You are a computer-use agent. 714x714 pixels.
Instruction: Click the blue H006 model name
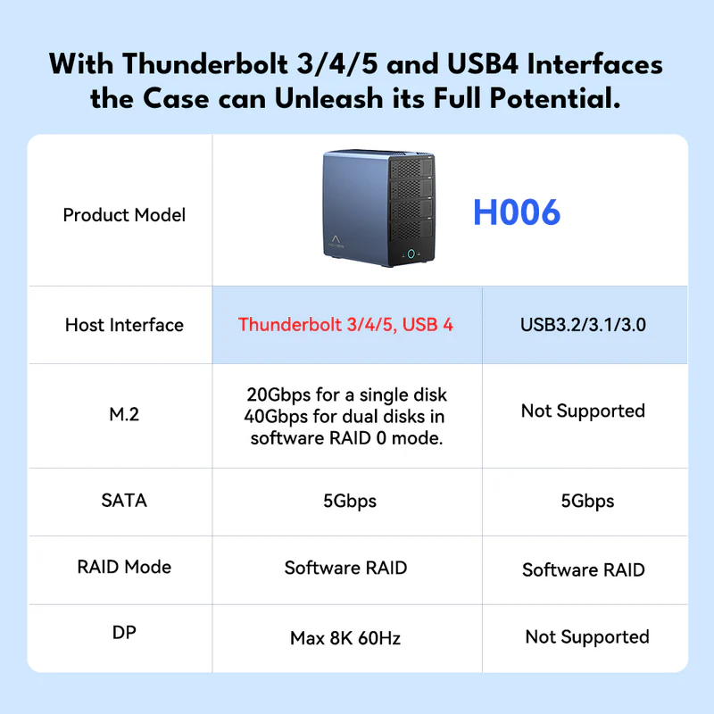click(x=517, y=212)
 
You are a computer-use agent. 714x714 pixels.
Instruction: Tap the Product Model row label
click(x=124, y=215)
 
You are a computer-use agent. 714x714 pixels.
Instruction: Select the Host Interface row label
click(x=124, y=325)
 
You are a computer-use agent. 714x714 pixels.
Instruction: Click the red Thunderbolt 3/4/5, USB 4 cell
click(x=345, y=325)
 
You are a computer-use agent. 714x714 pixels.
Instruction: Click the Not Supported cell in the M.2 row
click(x=583, y=411)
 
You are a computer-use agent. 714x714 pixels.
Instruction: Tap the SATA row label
click(x=124, y=500)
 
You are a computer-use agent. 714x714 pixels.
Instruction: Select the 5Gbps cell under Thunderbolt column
click(x=349, y=501)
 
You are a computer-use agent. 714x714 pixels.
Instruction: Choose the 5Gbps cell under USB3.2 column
click(x=587, y=501)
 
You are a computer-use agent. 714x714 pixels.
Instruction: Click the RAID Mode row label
click(x=124, y=567)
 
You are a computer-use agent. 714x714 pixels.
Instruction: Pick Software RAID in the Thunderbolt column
click(x=345, y=568)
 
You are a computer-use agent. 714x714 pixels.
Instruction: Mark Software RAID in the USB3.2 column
click(x=584, y=569)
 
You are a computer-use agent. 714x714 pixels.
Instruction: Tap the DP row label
click(x=124, y=633)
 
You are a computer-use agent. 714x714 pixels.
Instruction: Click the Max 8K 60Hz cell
click(x=345, y=638)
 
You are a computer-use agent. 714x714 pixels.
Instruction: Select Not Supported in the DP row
click(x=586, y=636)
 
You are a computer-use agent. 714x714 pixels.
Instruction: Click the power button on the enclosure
click(x=411, y=254)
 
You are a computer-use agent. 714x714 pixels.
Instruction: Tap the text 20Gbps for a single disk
click(x=346, y=394)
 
